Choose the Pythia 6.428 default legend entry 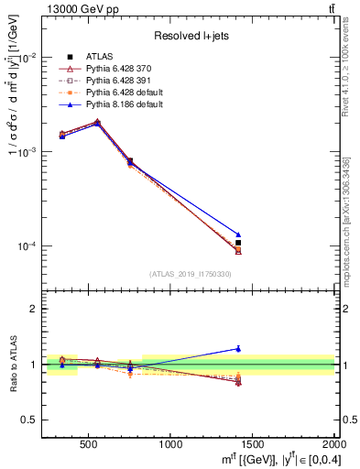pos(120,93)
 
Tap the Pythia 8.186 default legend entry pos(120,104)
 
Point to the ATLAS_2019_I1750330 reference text pos(190,274)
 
